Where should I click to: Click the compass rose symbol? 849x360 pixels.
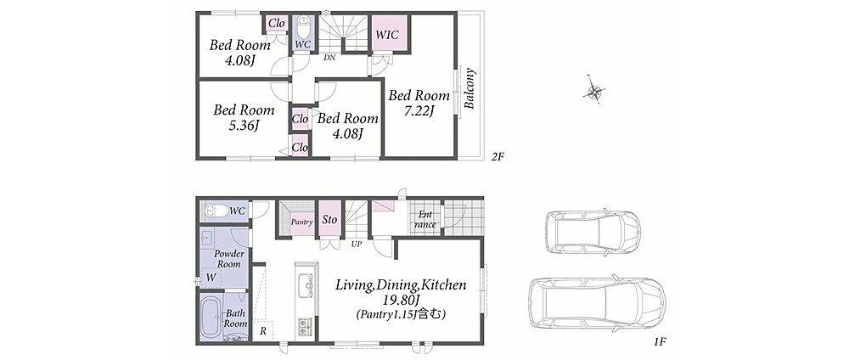tap(594, 92)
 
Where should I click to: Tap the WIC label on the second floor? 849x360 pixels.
tap(387, 35)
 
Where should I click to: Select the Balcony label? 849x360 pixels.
tap(469, 89)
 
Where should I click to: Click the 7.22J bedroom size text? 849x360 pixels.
tap(419, 111)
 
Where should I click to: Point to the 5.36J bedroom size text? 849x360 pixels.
tap(244, 127)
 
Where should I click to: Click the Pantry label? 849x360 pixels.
tap(301, 222)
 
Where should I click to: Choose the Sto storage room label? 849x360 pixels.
tap(329, 220)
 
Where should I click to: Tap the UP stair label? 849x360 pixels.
tap(357, 245)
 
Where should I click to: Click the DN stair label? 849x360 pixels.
tap(329, 56)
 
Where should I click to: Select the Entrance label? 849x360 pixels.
tap(425, 220)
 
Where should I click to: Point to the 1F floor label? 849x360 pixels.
tap(659, 342)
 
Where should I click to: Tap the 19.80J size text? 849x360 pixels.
tap(401, 300)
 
